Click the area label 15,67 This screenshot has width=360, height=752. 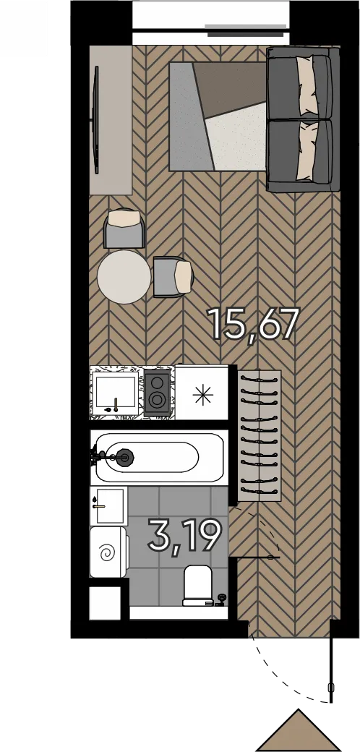point(252,325)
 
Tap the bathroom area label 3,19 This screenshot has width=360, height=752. point(185,537)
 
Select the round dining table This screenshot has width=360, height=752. point(124,277)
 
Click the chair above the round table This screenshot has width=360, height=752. point(124,228)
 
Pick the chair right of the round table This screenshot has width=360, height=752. point(173,277)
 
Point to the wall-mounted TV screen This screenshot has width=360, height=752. point(96,119)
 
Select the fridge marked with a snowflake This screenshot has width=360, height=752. point(202,393)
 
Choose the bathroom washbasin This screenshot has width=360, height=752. point(109,505)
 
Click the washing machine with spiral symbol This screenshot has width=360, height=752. point(109,552)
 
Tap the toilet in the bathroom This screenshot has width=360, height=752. point(198,585)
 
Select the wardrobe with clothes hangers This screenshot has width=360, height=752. point(259,436)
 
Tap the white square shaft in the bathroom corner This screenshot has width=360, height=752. point(105,602)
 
